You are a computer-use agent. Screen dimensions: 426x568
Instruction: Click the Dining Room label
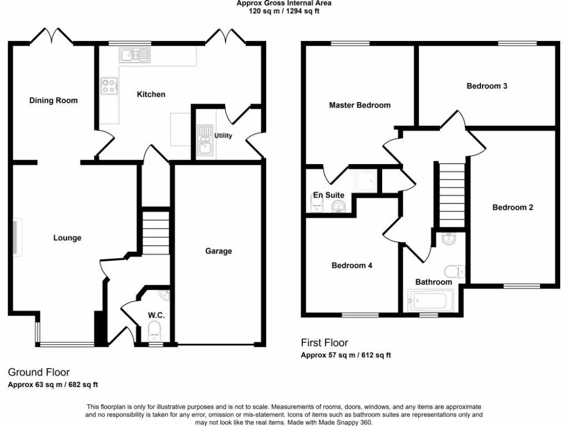(x=53, y=100)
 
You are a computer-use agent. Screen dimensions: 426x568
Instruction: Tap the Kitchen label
(x=151, y=94)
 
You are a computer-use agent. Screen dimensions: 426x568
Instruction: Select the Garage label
(x=219, y=251)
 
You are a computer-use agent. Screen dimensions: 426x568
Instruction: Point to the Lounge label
(x=67, y=238)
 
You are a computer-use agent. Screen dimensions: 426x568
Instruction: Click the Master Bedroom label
(x=359, y=105)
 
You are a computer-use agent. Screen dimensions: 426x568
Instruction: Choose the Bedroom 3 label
(x=487, y=86)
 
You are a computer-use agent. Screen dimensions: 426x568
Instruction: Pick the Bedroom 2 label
(x=513, y=207)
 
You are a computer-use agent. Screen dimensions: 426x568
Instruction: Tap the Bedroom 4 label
(x=352, y=265)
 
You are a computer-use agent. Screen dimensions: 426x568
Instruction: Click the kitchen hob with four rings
(x=108, y=86)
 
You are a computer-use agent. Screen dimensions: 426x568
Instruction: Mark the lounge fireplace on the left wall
(x=18, y=237)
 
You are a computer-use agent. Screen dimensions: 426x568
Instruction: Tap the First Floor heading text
(x=324, y=343)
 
